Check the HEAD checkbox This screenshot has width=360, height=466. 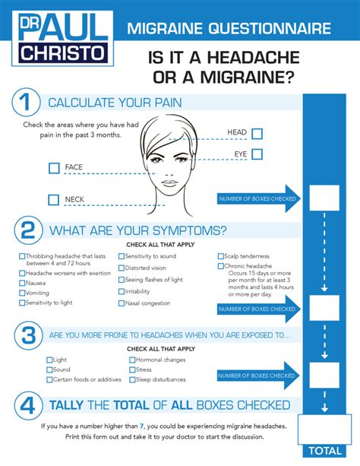point(257,134)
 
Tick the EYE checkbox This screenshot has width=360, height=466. point(257,154)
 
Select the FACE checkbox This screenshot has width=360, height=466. point(53,168)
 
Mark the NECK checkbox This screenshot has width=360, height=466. point(53,200)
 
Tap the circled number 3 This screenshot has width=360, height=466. point(27,335)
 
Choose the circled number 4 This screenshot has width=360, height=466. point(27,405)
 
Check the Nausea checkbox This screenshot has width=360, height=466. point(21,283)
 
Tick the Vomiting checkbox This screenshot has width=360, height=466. point(21,293)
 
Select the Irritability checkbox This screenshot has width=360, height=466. point(122,291)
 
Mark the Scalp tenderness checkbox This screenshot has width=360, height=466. point(221,257)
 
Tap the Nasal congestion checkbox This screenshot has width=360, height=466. point(122,303)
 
